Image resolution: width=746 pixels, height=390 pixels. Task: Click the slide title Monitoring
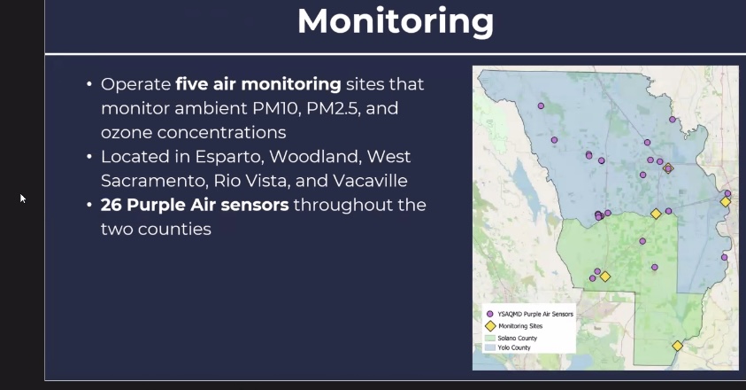(x=396, y=21)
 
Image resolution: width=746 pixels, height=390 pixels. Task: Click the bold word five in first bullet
(x=192, y=84)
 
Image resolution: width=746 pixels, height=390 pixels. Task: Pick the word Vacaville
(x=370, y=181)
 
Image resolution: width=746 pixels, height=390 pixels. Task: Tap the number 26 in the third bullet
(x=111, y=205)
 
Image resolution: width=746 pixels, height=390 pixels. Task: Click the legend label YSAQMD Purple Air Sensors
(x=535, y=314)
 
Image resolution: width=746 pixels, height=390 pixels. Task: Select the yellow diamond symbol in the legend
(x=490, y=326)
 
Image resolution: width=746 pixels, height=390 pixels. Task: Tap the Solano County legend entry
(x=511, y=338)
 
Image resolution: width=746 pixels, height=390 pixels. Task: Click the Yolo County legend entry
(x=507, y=347)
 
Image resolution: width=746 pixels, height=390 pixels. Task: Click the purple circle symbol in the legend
(x=490, y=314)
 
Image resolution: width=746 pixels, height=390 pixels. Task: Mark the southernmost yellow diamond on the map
(x=677, y=346)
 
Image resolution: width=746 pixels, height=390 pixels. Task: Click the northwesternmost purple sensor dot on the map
(x=541, y=105)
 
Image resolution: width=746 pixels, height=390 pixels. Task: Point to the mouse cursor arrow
(x=23, y=199)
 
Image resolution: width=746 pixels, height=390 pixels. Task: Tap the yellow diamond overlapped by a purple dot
(x=668, y=168)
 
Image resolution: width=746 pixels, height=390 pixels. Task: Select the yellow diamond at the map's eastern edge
(x=725, y=202)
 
